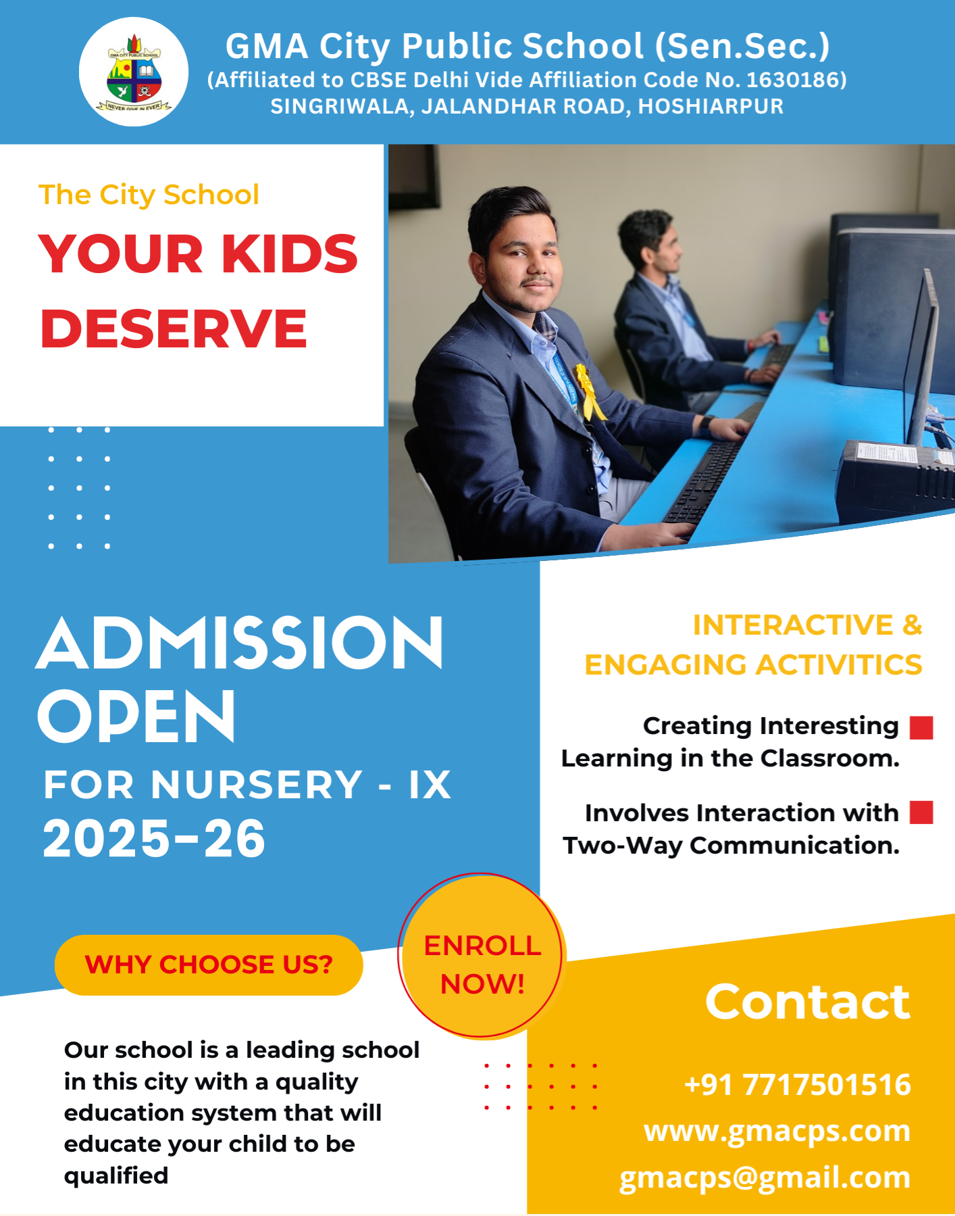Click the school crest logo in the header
tap(134, 72)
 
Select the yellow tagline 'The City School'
tap(149, 195)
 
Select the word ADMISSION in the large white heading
tap(240, 643)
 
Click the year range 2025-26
tap(154, 838)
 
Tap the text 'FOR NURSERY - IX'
tap(247, 785)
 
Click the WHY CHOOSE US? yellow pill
tap(209, 965)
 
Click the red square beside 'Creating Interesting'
tap(921, 728)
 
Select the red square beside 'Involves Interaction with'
tap(921, 812)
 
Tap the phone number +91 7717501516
tap(798, 1084)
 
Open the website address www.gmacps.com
tap(777, 1131)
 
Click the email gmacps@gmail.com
tap(765, 1177)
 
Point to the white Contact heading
tap(808, 1001)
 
